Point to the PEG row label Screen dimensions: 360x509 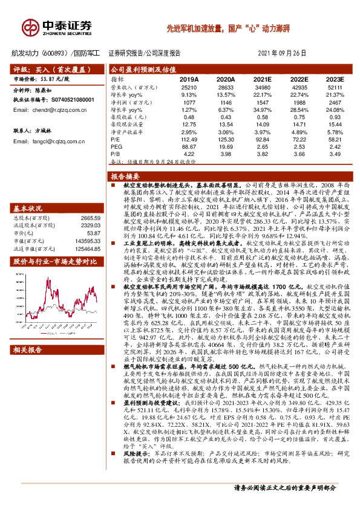point(117,146)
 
